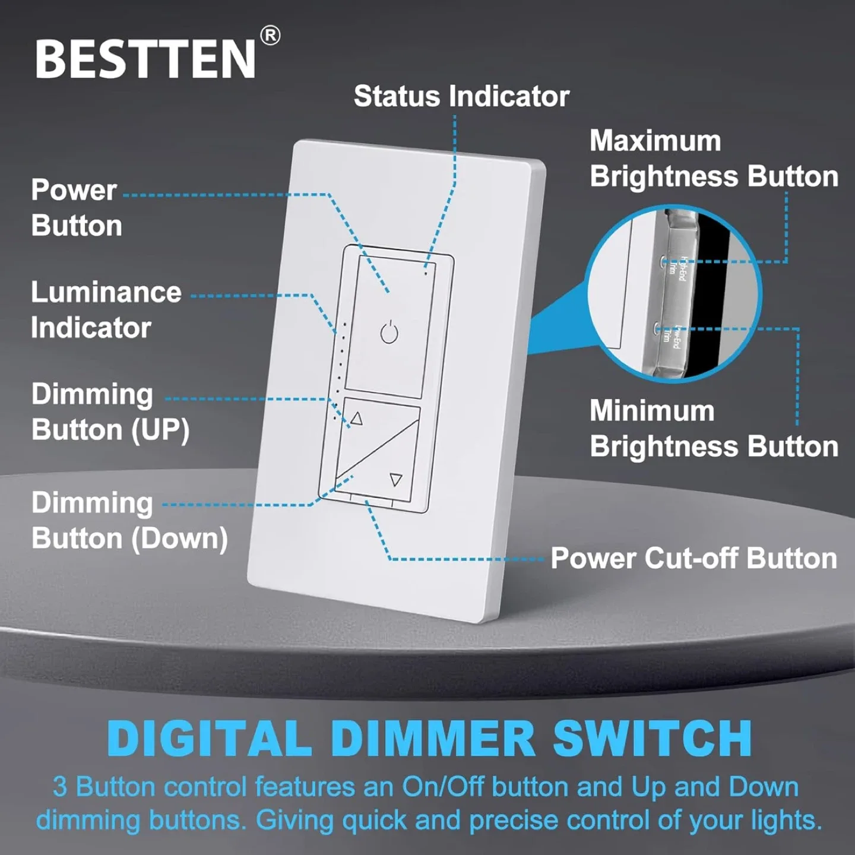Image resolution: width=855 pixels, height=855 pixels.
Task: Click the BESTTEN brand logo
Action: [145, 59]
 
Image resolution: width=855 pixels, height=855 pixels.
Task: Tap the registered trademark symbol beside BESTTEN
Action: [270, 36]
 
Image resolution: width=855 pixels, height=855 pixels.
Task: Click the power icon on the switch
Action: [389, 333]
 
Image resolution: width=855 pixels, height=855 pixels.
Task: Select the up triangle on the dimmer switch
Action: [356, 419]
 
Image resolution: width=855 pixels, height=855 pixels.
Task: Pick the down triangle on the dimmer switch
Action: [396, 479]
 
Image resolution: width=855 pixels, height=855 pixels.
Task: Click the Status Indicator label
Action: [461, 96]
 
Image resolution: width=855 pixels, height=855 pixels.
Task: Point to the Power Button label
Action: [76, 208]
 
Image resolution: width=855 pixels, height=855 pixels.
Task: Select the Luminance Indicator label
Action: [106, 310]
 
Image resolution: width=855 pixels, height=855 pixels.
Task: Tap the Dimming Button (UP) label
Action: [110, 412]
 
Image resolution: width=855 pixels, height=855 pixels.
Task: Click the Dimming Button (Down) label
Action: [129, 521]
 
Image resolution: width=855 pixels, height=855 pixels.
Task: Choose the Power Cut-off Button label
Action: [693, 559]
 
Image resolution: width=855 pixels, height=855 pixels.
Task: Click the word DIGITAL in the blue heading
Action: [210, 739]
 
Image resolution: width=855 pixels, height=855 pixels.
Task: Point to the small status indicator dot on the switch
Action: [426, 274]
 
